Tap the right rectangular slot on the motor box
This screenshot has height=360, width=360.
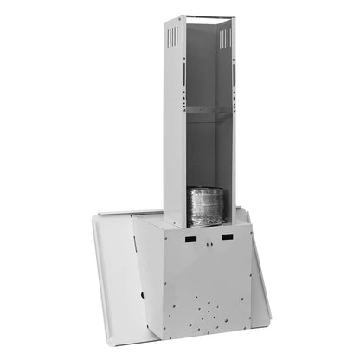tap(227, 236)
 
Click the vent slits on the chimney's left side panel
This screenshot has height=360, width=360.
tap(173, 36)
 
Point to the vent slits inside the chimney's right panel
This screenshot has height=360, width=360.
tap(224, 35)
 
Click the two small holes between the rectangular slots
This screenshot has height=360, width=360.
tap(209, 245)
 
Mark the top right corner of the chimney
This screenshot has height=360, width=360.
tap(235, 16)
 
